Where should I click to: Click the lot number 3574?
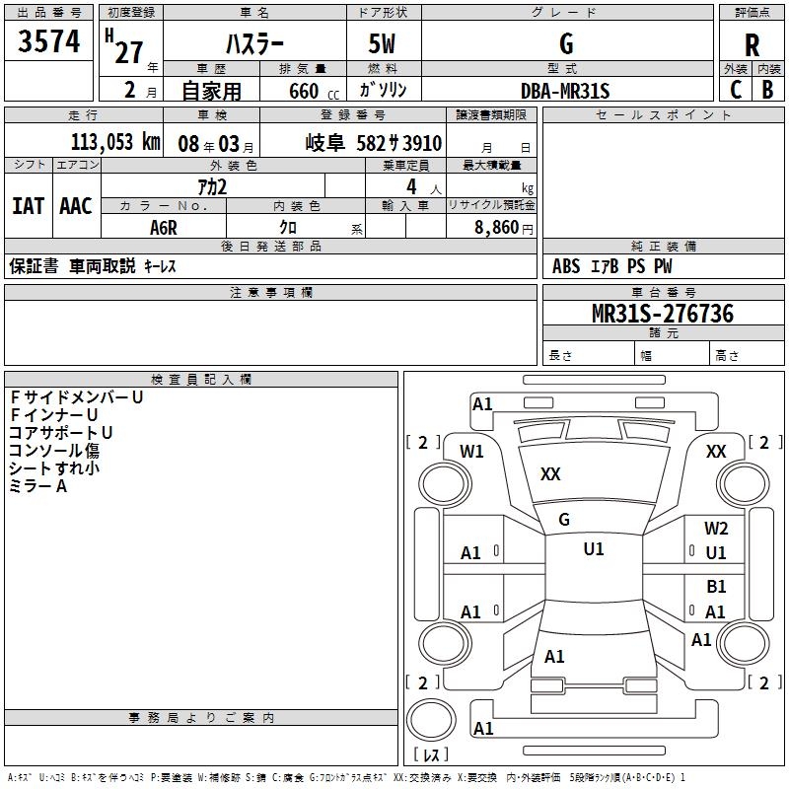(49, 40)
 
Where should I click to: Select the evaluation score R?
(752, 45)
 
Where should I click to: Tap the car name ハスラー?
(253, 44)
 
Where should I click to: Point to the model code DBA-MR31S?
(565, 91)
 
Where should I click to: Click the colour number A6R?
(164, 227)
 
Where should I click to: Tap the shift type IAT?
(29, 205)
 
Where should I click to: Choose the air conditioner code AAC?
(76, 205)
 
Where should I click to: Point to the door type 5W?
(384, 44)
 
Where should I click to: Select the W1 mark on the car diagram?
(472, 452)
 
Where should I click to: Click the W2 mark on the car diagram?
(716, 529)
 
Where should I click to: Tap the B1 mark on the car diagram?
(716, 587)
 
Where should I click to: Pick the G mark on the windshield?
(564, 520)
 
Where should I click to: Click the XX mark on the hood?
(550, 474)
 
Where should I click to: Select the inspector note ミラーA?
(37, 486)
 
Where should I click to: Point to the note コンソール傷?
(54, 451)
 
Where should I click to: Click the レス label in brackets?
(431, 755)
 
